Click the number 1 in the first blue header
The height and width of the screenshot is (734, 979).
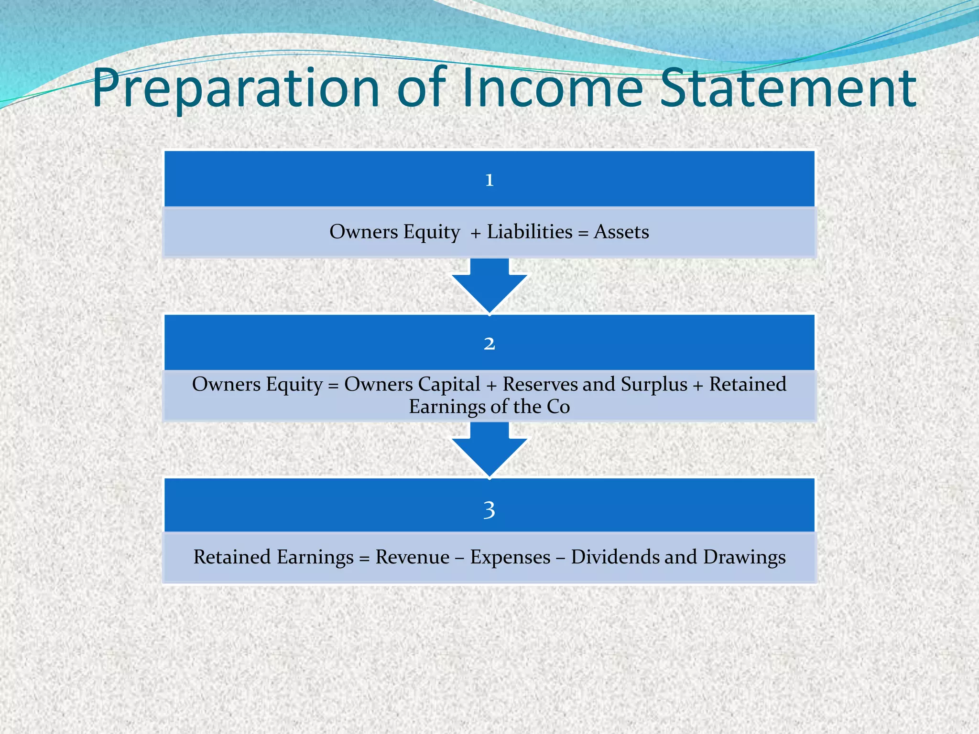pyautogui.click(x=489, y=180)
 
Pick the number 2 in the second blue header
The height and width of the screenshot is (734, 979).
pyautogui.click(x=489, y=344)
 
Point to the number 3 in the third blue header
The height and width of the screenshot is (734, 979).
pyautogui.click(x=489, y=510)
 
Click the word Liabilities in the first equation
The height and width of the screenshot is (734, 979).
pyautogui.click(x=530, y=232)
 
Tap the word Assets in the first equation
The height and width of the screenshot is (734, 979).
pyautogui.click(x=621, y=232)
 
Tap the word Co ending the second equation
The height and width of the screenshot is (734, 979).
pyautogui.click(x=558, y=407)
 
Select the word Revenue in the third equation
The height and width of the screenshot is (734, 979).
pyautogui.click(x=412, y=557)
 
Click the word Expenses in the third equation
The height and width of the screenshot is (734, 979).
pyautogui.click(x=510, y=557)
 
